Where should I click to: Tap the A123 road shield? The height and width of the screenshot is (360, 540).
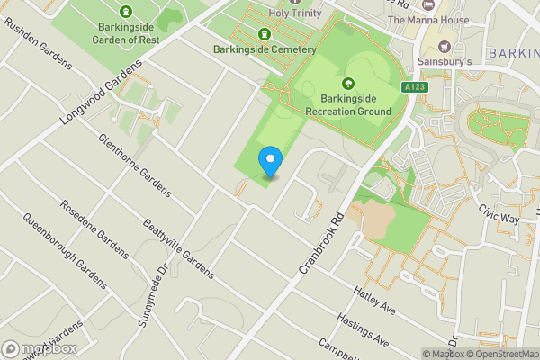pyautogui.click(x=414, y=87)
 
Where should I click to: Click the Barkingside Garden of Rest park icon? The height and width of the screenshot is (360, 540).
pyautogui.click(x=125, y=12)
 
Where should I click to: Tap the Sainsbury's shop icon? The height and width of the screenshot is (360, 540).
pyautogui.click(x=444, y=45)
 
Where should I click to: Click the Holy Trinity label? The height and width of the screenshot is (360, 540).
pyautogui.click(x=297, y=13)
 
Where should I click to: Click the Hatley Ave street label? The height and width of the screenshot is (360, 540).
pyautogui.click(x=375, y=296)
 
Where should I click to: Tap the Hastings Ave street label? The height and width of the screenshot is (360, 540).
pyautogui.click(x=364, y=330)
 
